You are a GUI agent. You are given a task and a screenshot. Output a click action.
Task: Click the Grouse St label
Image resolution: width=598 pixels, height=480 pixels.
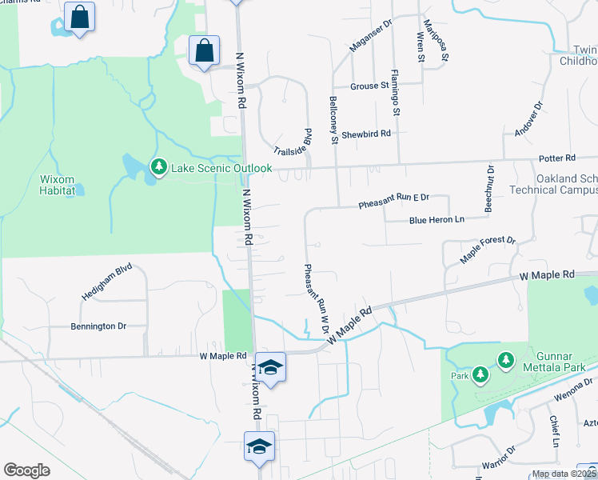click(x=369, y=86)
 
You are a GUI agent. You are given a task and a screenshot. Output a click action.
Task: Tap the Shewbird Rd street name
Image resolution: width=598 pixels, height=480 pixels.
click(x=365, y=134)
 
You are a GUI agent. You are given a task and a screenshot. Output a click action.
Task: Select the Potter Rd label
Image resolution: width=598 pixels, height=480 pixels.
click(x=558, y=158)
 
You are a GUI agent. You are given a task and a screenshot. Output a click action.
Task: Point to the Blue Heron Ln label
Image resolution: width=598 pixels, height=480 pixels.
click(x=437, y=220)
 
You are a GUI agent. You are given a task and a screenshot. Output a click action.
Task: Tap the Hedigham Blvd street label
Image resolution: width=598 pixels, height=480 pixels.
click(x=106, y=283)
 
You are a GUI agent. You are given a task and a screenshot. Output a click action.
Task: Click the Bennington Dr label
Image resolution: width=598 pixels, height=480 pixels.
click(x=98, y=326)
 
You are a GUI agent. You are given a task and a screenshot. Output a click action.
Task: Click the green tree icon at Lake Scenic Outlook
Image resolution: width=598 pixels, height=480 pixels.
click(x=159, y=166)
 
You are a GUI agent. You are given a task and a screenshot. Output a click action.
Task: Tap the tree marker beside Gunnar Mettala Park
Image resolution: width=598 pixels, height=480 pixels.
click(x=505, y=361)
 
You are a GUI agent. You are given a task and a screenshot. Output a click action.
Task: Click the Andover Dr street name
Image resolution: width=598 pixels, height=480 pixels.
click(x=528, y=118)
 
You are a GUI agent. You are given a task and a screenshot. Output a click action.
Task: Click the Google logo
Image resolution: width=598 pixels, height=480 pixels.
click(x=27, y=470)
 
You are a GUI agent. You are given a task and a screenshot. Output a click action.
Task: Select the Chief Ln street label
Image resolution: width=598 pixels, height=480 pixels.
click(x=553, y=430)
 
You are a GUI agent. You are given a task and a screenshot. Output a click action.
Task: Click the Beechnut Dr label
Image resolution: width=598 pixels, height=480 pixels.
click(x=489, y=189)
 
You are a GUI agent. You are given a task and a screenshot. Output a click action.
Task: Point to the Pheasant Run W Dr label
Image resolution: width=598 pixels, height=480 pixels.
click(x=316, y=299)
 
